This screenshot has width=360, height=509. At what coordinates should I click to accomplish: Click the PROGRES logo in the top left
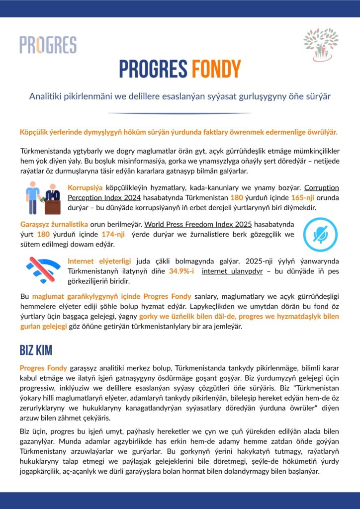48,45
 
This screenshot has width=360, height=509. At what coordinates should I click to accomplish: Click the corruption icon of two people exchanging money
42,197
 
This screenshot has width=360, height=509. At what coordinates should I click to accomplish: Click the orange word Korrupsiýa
85,188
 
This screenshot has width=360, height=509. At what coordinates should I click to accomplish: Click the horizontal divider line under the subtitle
180,113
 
